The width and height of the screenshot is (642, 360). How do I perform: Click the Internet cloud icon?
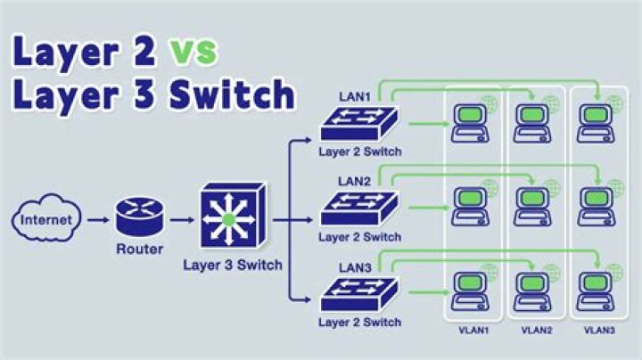coord(46,218)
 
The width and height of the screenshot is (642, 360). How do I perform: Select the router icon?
coord(140,216)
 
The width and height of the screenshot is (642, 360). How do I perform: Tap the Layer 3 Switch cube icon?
coord(234,215)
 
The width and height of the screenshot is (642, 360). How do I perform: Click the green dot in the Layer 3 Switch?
coord(228,220)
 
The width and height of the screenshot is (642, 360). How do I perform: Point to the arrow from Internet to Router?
coord(98,220)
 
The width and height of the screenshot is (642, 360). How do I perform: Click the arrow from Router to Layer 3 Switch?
coord(182,220)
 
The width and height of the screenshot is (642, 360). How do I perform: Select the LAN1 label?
coord(355,97)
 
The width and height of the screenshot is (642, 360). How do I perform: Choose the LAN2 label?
coord(354,181)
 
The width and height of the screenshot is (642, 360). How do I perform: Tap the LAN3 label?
coord(355,268)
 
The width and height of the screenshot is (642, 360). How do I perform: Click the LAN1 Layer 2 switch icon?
coord(358,124)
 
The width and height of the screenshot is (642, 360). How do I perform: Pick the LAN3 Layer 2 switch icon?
coord(358,294)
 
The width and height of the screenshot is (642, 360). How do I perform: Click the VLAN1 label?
coord(473,330)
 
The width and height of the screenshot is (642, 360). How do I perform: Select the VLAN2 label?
coord(537,330)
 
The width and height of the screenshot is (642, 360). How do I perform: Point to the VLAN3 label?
coord(599,330)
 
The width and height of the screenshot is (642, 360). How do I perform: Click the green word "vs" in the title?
coord(193,52)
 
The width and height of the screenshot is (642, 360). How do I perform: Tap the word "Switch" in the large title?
coord(232,94)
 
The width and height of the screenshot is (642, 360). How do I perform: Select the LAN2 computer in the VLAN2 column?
coord(532,206)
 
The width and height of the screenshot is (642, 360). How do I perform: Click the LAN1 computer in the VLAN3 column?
coord(596,123)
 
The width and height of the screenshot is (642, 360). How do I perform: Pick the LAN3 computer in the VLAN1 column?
coord(470,291)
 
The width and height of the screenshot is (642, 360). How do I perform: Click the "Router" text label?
coord(140,249)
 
